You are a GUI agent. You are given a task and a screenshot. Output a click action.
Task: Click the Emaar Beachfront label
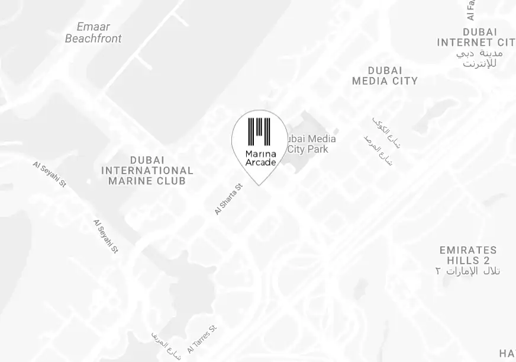click(x=93, y=33)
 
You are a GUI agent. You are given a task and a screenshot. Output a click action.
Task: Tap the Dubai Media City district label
click(x=385, y=76)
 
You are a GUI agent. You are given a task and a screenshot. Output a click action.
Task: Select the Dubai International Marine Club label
click(x=147, y=170)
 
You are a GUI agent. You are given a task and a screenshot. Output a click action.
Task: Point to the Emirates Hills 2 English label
click(x=468, y=255)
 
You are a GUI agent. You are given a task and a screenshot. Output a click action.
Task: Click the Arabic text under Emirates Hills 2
click(x=467, y=271)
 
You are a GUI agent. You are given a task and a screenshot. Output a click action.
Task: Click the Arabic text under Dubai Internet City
click(x=479, y=58)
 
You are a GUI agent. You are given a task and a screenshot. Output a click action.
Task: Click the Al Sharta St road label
click(x=228, y=199)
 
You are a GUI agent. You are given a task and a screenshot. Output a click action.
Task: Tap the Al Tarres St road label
click(x=202, y=339)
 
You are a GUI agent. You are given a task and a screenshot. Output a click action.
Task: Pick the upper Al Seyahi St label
click(x=50, y=174)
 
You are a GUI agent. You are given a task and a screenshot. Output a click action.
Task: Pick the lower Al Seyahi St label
click(x=106, y=236)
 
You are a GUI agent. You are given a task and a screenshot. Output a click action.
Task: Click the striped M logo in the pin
click(x=259, y=132)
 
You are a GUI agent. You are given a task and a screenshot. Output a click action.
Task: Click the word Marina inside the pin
click(x=260, y=154)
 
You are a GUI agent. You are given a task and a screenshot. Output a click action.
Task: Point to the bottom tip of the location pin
click(x=259, y=185)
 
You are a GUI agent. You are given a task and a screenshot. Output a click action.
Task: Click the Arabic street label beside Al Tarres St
click(x=166, y=344)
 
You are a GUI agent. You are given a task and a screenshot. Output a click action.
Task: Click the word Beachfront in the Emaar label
click(x=93, y=39)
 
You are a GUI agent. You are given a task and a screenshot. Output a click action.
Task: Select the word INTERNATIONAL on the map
click(x=147, y=171)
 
